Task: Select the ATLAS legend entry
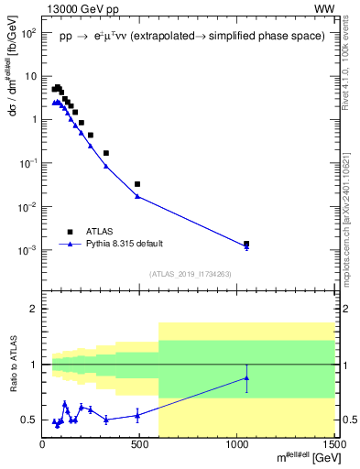100,233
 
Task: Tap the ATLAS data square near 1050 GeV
246,244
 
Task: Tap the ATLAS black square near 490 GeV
137,184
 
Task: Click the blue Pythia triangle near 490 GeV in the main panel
137,196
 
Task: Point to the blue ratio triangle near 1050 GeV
246,378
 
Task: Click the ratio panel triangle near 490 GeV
137,415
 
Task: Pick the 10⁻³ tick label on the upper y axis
27,250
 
